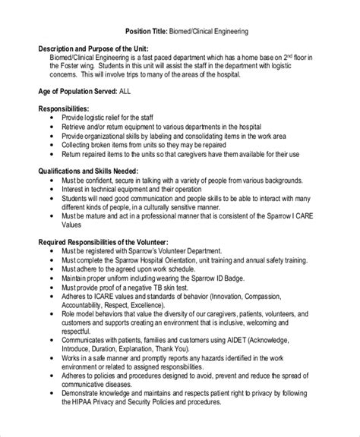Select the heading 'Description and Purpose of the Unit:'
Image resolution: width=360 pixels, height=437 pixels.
pos(93,48)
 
